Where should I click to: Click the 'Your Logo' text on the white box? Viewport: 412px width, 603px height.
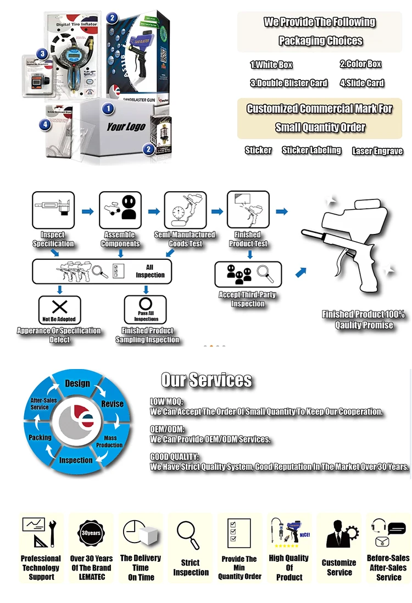coord(126,127)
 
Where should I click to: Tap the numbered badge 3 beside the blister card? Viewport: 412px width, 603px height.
coord(42,54)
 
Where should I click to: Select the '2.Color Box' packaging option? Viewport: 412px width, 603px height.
coord(360,64)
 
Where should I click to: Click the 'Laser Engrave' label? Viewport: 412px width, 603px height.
coord(377,151)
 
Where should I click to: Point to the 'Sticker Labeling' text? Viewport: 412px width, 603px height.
coord(311,150)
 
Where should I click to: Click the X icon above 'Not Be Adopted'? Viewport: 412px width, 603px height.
coord(59,306)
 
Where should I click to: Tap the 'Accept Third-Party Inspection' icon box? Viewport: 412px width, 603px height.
coord(248,274)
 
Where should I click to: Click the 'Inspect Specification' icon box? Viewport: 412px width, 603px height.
coord(53,210)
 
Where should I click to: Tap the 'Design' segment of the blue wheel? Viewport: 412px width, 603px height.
coord(77,383)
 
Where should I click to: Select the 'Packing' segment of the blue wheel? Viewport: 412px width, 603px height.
coord(40,437)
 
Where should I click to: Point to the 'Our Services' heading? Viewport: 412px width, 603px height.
coord(207,380)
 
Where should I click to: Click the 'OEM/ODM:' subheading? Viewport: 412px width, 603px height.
coord(167,429)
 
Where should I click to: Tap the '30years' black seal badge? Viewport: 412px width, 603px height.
coord(91,533)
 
